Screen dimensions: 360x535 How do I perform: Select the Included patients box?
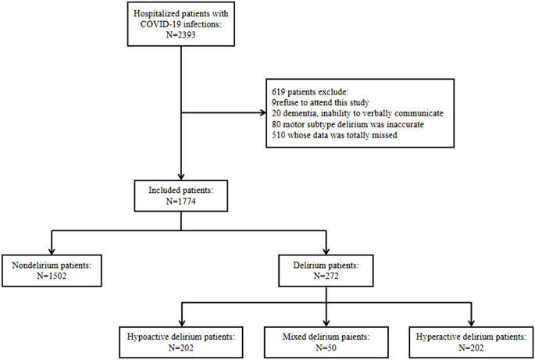pos(181,194)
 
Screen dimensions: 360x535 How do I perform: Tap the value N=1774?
pos(181,201)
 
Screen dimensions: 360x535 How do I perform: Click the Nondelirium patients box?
pos(52,272)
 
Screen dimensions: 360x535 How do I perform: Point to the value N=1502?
pos(52,278)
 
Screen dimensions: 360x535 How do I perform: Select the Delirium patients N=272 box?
pos(326,272)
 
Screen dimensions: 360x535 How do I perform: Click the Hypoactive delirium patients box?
pos(182,341)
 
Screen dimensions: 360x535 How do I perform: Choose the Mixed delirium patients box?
pos(326,341)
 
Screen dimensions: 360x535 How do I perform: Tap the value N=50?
pos(326,348)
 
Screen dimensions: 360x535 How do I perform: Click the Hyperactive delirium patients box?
pos(470,341)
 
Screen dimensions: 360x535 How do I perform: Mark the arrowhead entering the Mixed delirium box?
pos(326,321)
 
